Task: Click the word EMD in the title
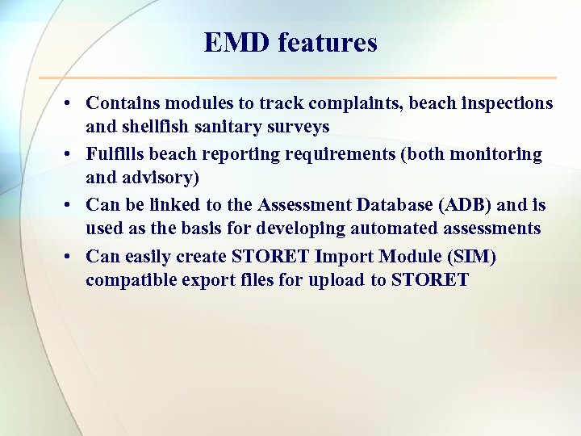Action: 236,42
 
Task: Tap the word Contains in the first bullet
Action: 121,103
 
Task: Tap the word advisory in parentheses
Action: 165,178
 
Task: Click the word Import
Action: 345,256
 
